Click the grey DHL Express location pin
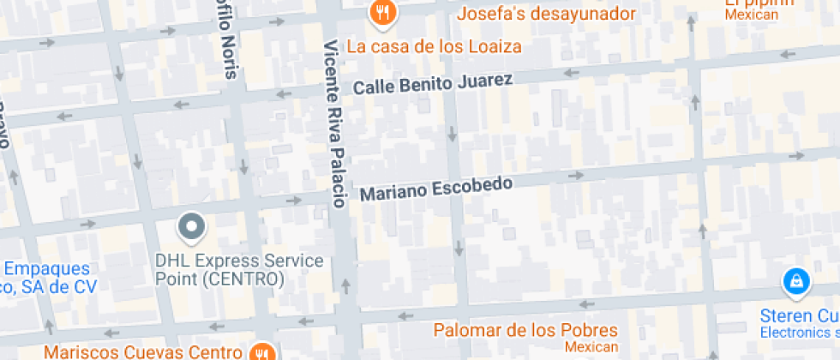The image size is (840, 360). [192, 227]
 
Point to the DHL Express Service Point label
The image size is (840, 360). [239, 270]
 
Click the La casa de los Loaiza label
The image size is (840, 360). [433, 46]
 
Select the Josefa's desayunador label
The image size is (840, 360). [546, 15]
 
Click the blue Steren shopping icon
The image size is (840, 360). [796, 282]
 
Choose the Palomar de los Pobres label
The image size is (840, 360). [525, 330]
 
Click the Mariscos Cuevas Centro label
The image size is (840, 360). [142, 352]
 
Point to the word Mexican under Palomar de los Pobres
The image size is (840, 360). [591, 346]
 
